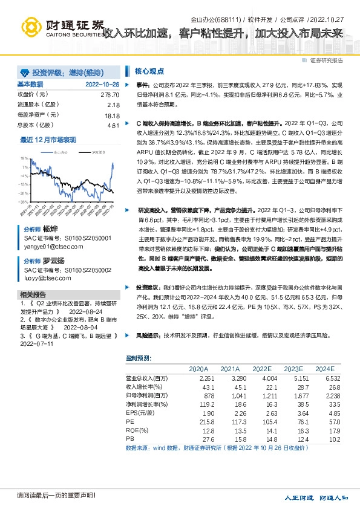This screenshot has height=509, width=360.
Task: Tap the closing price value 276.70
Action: (x=110, y=95)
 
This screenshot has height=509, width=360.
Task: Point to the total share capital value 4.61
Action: (x=113, y=125)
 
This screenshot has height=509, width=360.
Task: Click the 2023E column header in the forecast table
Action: (x=293, y=368)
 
